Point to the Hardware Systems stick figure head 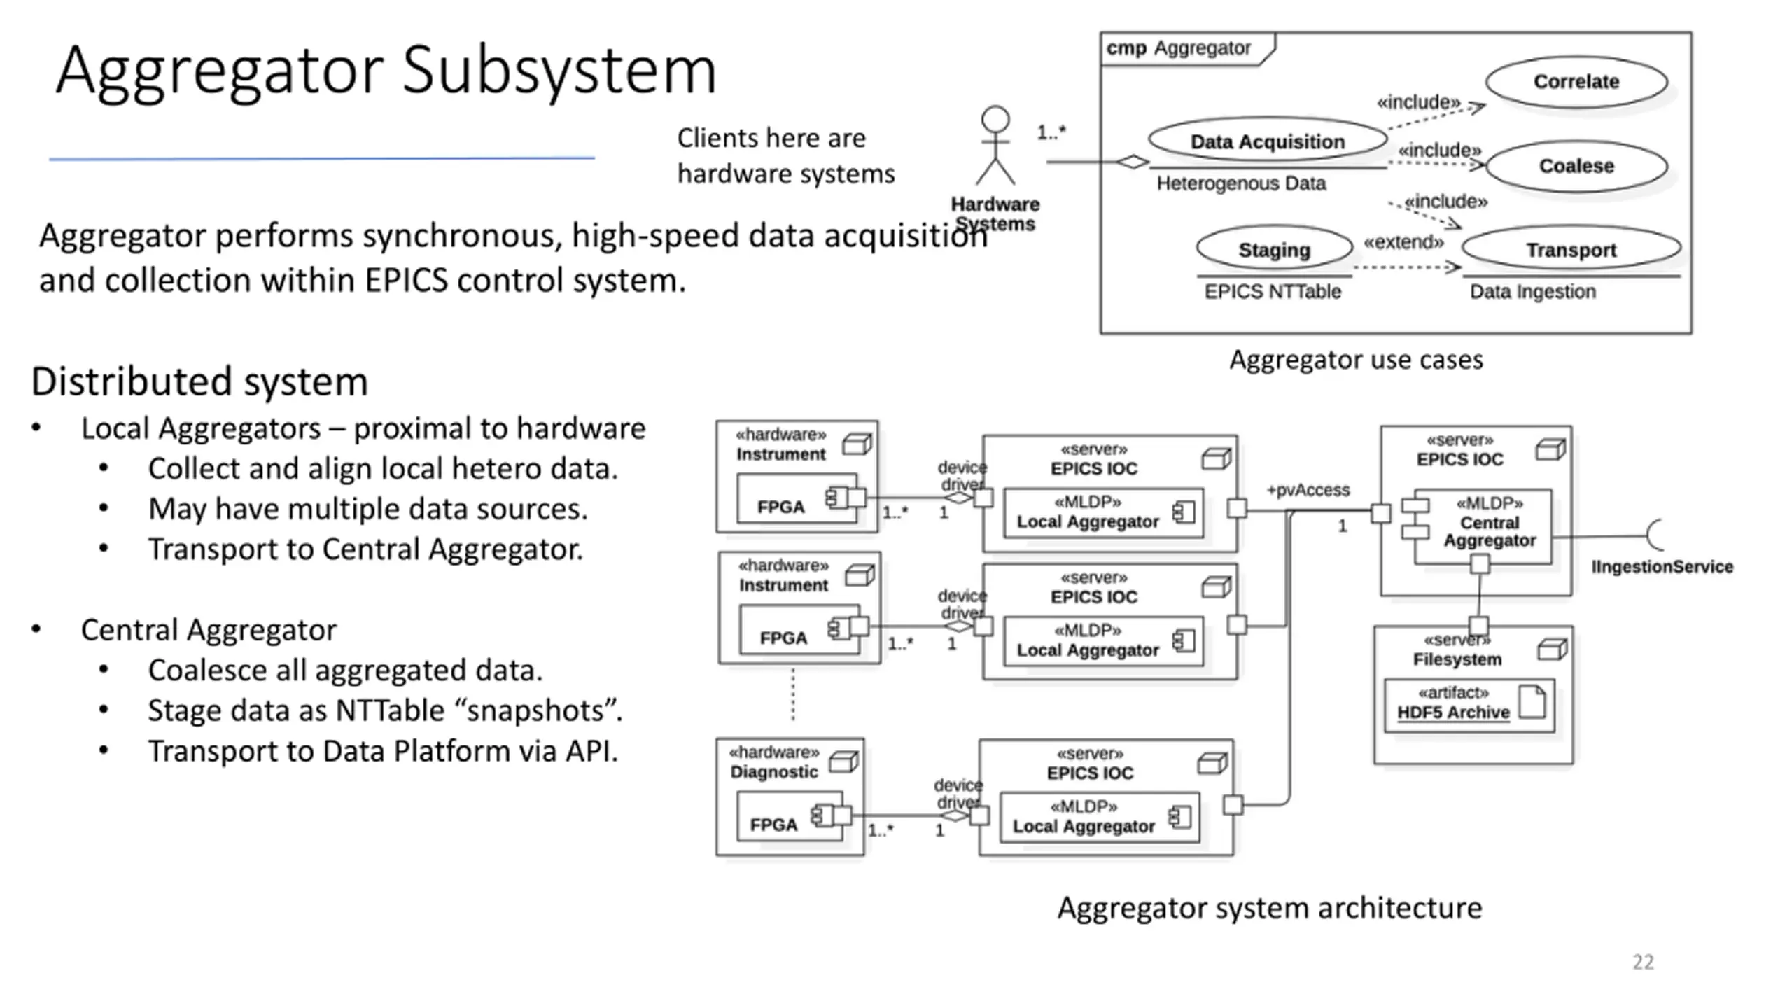coord(995,120)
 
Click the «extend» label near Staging coord(1403,242)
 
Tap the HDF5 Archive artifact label coord(1453,713)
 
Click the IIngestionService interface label coord(1662,567)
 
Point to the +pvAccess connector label coord(1308,490)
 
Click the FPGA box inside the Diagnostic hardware coord(790,816)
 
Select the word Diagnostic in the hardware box coord(773,772)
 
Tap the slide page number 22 coord(1643,962)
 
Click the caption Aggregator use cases coord(1356,360)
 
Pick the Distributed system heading coord(199,382)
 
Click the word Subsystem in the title coord(559,70)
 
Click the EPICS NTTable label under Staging coord(1272,292)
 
